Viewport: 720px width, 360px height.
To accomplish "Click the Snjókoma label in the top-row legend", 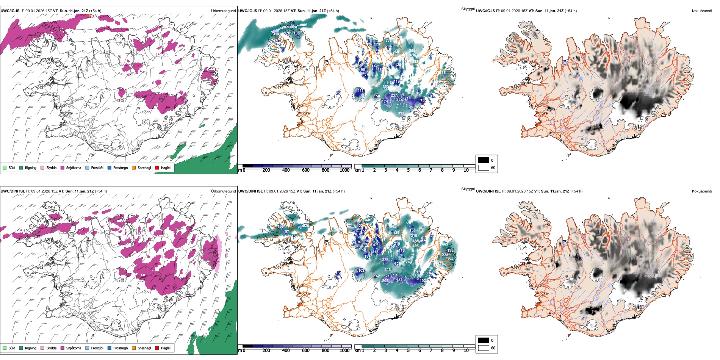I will click(x=74, y=167).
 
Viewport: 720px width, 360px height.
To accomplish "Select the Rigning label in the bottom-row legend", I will click(x=31, y=348).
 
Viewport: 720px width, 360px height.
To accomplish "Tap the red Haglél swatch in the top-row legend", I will click(x=157, y=167).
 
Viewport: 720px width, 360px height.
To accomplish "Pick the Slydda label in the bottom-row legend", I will click(x=52, y=348).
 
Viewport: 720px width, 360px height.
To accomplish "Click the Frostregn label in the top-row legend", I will click(x=120, y=167).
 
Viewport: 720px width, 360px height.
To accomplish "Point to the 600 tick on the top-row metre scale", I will click(x=306, y=170).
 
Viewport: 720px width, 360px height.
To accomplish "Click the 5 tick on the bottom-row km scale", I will click(x=408, y=351).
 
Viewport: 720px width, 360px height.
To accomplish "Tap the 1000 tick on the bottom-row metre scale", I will click(x=344, y=351).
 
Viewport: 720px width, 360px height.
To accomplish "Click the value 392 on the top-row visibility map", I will click(x=401, y=113).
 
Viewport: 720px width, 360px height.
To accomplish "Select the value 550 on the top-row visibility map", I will click(x=385, y=87).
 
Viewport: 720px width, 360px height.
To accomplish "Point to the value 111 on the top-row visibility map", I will click(x=360, y=91).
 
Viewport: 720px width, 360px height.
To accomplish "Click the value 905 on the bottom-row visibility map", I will click(x=393, y=227).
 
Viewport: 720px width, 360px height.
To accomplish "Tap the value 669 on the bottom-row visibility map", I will click(x=445, y=244).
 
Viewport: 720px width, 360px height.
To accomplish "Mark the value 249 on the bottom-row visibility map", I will click(x=409, y=262).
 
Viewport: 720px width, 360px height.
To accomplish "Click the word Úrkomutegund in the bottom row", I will click(x=223, y=191).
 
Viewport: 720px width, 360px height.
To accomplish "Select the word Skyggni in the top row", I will click(x=468, y=9).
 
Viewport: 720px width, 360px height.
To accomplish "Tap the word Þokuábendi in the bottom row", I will click(x=701, y=191).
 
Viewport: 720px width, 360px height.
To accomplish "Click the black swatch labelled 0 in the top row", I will click(x=483, y=160).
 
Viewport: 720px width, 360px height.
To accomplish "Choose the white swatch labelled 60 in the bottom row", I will click(x=483, y=348).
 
